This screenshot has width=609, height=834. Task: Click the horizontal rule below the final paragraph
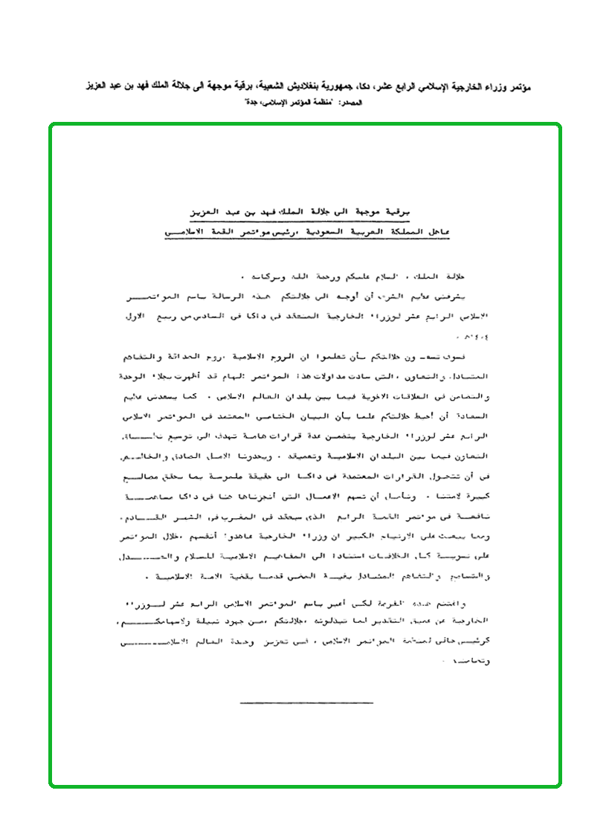(x=306, y=702)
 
